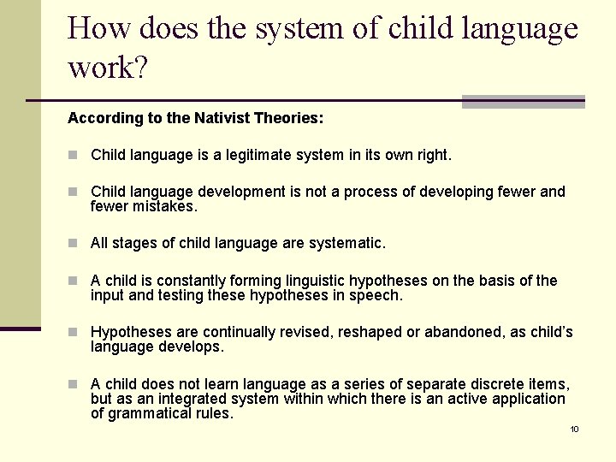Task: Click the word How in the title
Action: (98, 28)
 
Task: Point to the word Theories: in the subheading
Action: (286, 118)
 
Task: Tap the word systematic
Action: (342, 244)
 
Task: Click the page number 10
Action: (574, 429)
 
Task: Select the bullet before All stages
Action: (74, 244)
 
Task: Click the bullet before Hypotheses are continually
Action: (74, 332)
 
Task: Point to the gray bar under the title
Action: (523, 102)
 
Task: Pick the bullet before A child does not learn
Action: (74, 384)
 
